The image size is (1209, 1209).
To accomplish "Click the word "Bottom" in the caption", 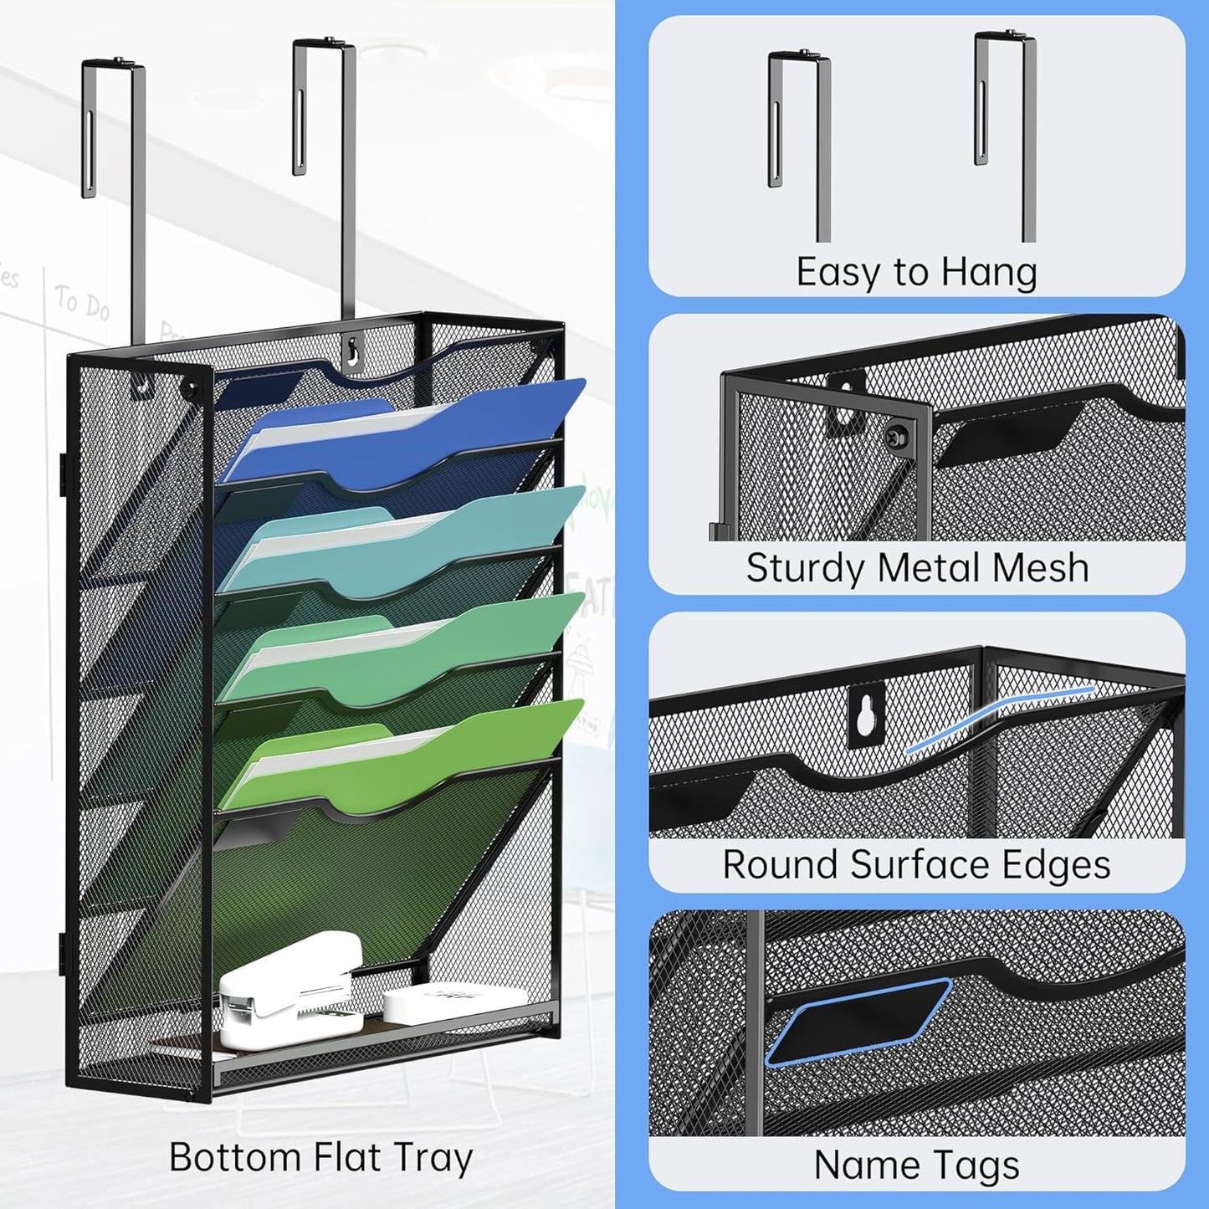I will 234,1157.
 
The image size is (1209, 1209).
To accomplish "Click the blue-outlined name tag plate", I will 858,1021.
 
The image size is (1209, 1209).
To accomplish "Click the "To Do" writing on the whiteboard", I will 82,301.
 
